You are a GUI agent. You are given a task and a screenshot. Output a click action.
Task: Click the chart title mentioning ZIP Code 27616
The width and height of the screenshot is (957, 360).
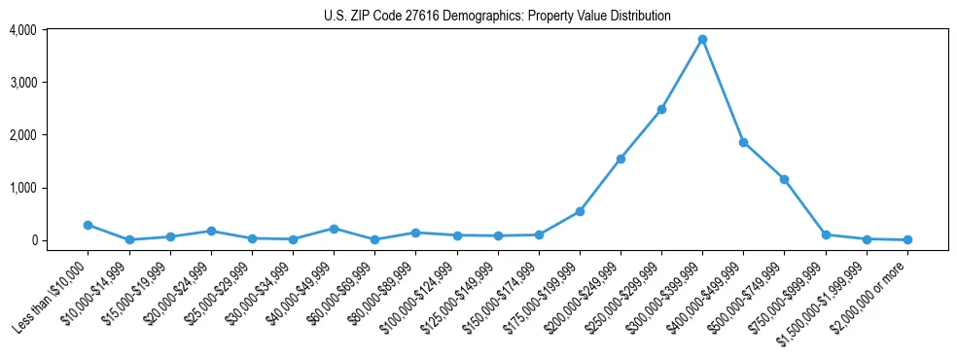point(497,16)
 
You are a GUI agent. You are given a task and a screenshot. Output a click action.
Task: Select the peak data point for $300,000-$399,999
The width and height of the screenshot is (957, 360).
point(702,40)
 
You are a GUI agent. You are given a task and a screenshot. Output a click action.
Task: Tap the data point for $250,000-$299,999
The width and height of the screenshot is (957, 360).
point(661,109)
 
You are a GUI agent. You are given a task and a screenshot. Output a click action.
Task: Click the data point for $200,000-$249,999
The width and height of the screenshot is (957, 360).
point(620,159)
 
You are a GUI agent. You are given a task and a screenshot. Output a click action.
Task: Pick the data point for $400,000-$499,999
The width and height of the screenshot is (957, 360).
point(743,142)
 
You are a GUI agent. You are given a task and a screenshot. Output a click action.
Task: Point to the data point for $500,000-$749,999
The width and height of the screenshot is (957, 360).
point(784,179)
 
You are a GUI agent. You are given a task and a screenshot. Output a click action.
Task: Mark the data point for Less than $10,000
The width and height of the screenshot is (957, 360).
point(89,225)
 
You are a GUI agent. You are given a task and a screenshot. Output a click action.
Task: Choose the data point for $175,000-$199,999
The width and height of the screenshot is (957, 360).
point(580,211)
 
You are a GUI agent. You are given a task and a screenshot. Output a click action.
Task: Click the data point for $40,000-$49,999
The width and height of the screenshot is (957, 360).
point(334,229)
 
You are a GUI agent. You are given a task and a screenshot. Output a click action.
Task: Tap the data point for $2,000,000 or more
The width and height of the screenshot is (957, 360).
point(906,239)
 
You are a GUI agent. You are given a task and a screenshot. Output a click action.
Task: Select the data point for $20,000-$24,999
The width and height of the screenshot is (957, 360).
point(211,231)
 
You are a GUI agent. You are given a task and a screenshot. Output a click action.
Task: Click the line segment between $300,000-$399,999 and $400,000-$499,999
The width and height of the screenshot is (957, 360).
point(723,91)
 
